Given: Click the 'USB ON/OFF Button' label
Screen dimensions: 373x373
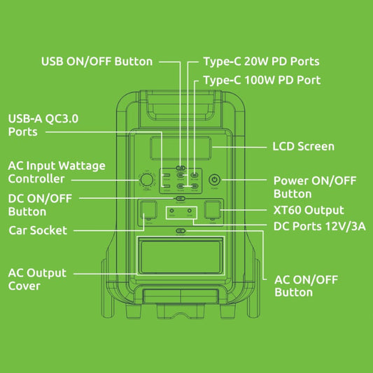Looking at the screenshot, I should tap(97, 62).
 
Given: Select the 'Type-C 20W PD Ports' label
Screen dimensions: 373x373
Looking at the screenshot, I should tap(261, 62).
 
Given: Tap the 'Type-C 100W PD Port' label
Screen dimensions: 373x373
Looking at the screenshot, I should tap(262, 80).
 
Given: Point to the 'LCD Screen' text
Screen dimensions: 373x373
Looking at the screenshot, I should tap(302, 146).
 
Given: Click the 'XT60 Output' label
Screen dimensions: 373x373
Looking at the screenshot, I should tap(308, 210).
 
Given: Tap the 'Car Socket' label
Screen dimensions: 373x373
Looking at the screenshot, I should tap(38, 230).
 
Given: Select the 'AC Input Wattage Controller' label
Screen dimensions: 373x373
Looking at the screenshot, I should tap(57, 173).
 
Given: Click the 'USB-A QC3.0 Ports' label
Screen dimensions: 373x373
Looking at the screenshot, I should tap(43, 125).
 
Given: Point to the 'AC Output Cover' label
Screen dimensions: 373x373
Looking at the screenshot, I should tap(37, 279).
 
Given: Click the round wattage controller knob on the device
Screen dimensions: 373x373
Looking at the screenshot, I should tap(147, 181).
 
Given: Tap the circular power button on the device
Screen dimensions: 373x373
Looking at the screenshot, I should tap(215, 180).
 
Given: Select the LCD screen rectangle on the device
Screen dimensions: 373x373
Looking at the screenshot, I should tap(181, 149).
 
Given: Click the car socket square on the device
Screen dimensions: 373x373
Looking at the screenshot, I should tap(148, 211).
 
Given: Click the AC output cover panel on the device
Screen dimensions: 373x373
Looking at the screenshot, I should tap(181, 257).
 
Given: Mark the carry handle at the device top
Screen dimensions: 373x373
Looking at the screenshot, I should tap(181, 106).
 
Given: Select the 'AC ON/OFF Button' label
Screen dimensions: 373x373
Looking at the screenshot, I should tap(306, 286).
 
